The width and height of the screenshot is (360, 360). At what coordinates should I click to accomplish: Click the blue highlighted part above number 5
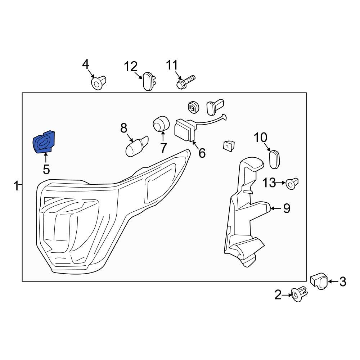[44, 142]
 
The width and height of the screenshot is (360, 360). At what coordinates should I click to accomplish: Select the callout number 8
[123, 127]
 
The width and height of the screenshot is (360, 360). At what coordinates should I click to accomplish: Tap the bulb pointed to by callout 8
[136, 147]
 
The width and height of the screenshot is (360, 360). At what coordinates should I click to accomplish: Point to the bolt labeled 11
[185, 81]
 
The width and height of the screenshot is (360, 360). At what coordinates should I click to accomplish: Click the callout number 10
[261, 138]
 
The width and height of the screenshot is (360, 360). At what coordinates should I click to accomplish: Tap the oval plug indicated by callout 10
[275, 159]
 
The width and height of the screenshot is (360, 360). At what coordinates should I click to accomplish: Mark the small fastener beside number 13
[292, 184]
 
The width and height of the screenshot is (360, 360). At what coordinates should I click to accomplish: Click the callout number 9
[287, 208]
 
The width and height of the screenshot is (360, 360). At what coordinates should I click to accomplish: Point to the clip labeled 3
[319, 280]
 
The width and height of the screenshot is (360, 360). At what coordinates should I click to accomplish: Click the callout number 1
[16, 186]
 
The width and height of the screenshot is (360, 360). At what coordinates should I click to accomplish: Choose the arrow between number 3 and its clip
[333, 282]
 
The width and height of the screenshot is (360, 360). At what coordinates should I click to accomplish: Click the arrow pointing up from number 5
[46, 158]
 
